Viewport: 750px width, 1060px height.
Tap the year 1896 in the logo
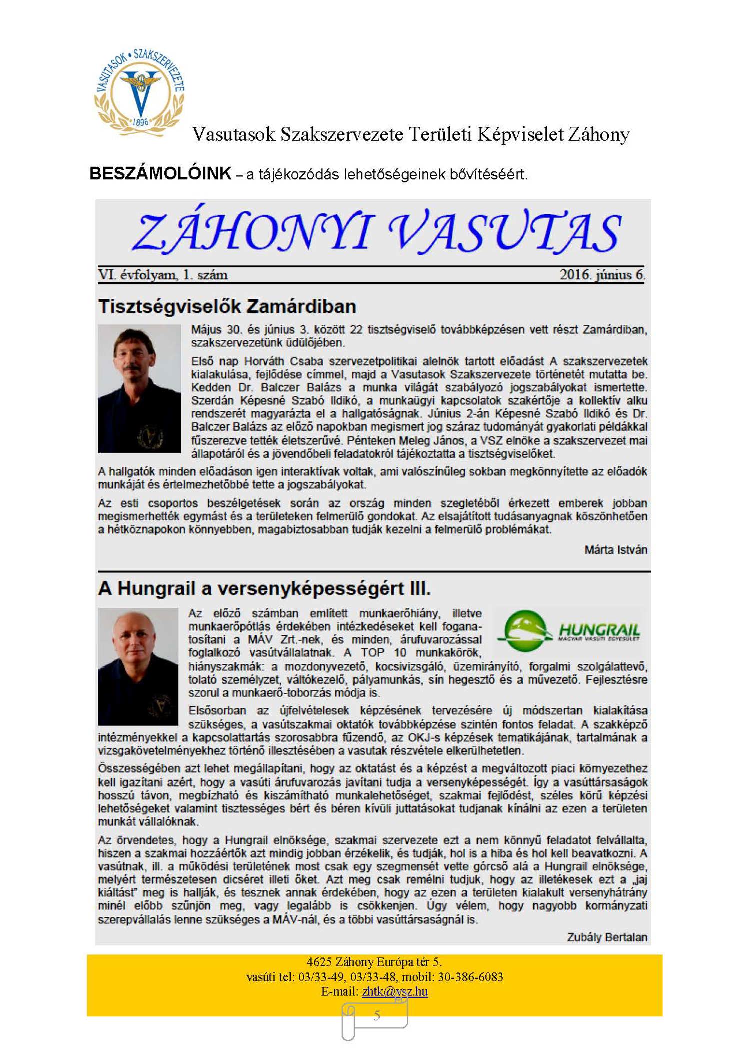[140, 122]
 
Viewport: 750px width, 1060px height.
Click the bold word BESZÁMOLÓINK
[160, 173]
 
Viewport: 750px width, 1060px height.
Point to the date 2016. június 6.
[602, 275]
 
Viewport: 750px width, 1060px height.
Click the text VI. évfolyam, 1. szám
[163, 275]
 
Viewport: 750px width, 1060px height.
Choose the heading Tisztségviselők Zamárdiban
[227, 306]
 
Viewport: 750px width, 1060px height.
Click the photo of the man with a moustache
[139, 388]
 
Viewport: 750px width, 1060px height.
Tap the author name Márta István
[616, 550]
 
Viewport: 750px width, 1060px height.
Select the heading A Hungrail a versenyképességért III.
[264, 588]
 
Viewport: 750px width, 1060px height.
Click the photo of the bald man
[138, 666]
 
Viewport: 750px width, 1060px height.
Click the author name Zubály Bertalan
[607, 937]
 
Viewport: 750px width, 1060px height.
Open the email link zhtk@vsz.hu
[395, 991]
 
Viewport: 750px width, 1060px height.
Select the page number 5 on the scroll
[377, 1015]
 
